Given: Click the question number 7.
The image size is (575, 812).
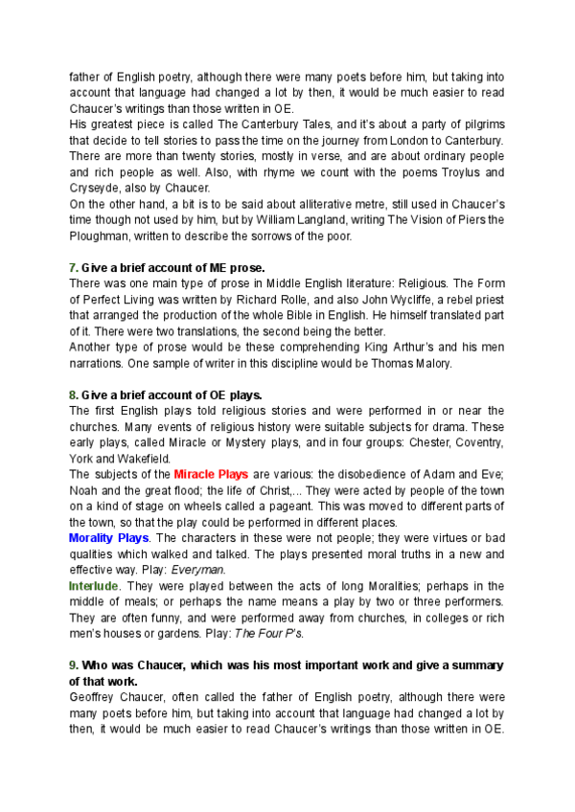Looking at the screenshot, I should point(72,267).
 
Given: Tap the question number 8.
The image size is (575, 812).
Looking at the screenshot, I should point(72,395).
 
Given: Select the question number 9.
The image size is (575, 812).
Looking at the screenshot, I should point(72,664).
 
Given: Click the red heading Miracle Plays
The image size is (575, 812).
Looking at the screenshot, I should point(211,474).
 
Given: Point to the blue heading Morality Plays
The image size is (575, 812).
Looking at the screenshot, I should point(108,538).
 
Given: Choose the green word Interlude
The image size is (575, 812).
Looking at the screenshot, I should point(94,585).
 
